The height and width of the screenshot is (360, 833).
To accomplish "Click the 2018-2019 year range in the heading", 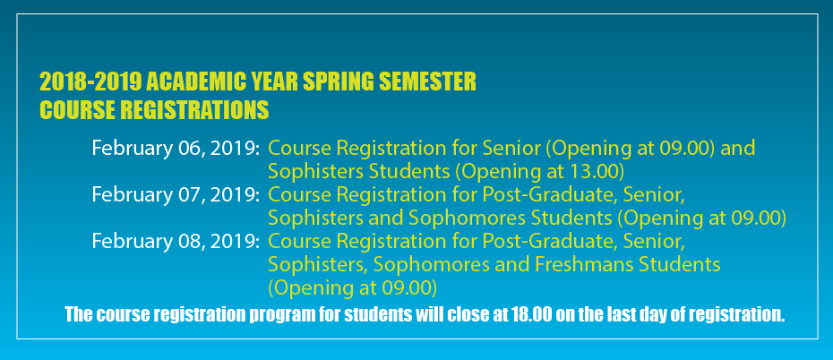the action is [x=90, y=82].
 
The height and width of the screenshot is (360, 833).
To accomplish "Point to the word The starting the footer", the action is [x=79, y=314].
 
